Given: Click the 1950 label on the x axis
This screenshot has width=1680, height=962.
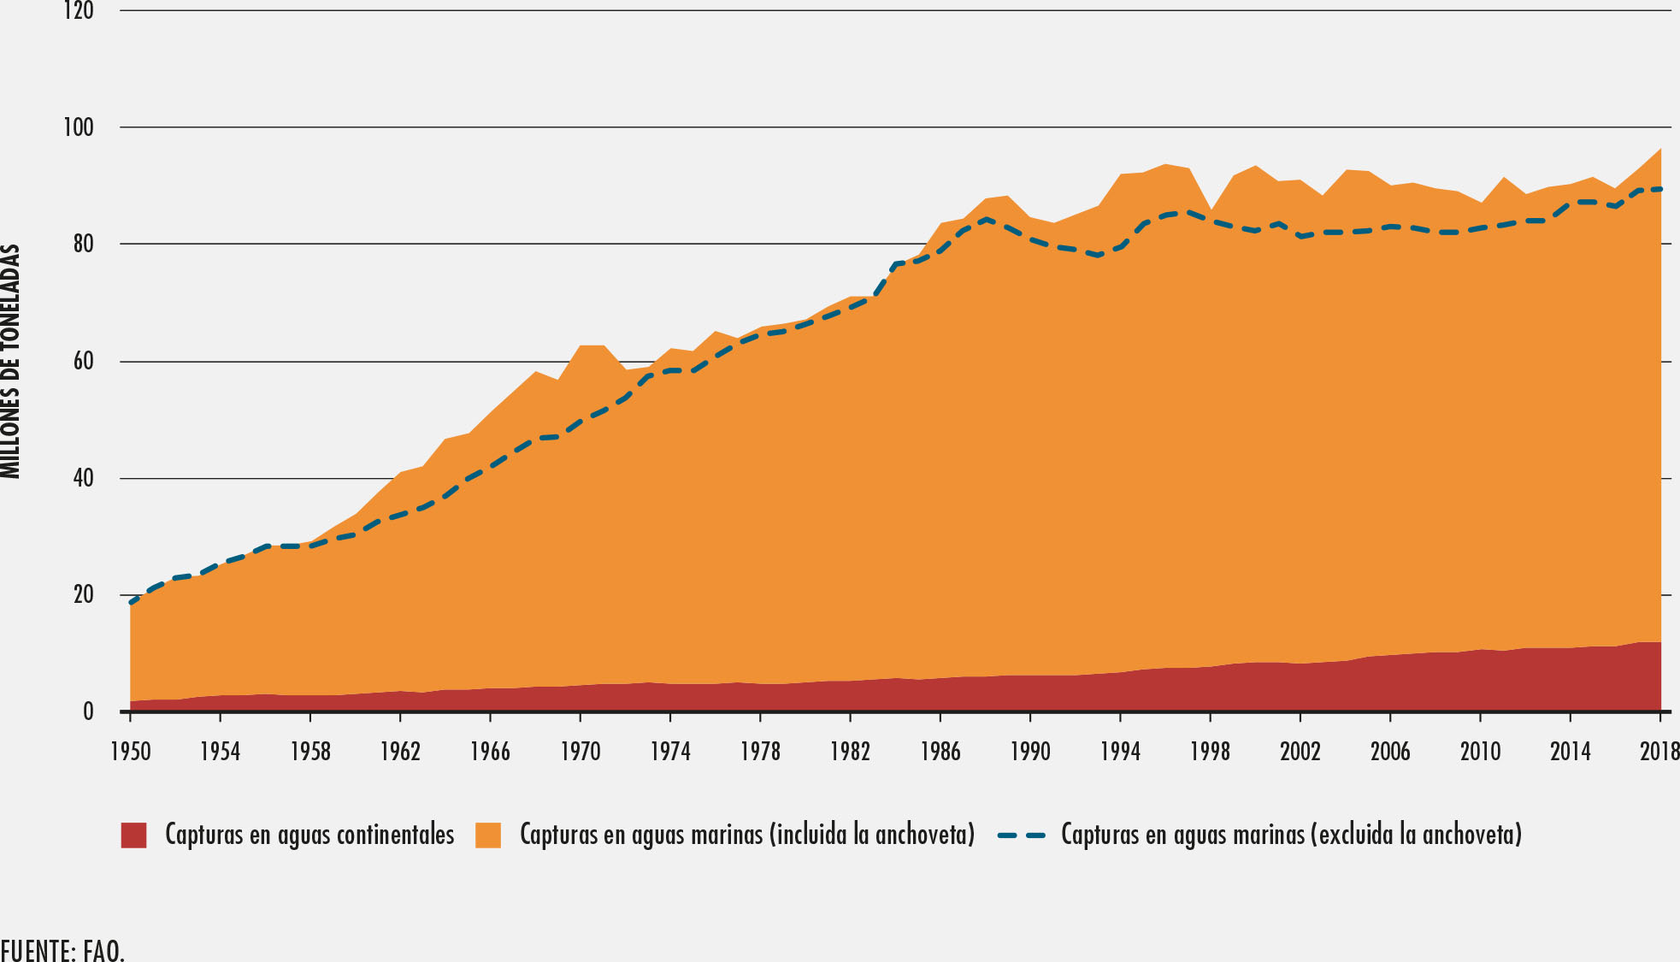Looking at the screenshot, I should tap(130, 752).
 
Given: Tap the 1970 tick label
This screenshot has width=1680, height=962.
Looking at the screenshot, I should tap(581, 752).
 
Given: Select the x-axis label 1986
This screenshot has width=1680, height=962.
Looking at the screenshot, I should tap(940, 752).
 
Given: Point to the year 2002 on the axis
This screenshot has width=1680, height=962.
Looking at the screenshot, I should tap(1300, 752).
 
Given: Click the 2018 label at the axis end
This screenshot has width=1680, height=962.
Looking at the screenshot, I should tap(1659, 752).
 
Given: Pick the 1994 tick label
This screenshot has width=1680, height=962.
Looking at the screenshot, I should tap(1120, 752).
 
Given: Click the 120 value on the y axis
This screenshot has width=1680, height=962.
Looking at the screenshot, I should tap(79, 12).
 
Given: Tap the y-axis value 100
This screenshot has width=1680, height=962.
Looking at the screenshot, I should tap(79, 128).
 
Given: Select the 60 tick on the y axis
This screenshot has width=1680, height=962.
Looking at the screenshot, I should tap(83, 362).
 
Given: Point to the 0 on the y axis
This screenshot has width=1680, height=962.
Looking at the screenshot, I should tap(88, 711).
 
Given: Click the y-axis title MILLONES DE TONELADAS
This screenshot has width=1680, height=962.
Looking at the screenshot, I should tap(11, 361).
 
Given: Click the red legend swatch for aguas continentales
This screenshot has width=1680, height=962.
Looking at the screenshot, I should tap(133, 835).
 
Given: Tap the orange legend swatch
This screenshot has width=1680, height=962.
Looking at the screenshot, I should tap(488, 835).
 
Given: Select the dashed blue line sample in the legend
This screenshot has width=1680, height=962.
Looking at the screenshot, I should tap(1022, 835).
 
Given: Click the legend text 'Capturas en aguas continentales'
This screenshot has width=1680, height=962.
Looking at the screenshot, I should tap(309, 835).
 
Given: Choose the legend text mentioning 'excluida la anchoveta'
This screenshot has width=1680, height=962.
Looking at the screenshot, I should tap(1291, 835).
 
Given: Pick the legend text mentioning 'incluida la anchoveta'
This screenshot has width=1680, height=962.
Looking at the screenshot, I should tap(747, 835).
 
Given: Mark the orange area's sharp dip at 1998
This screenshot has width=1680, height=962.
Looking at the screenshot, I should tap(1211, 210).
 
